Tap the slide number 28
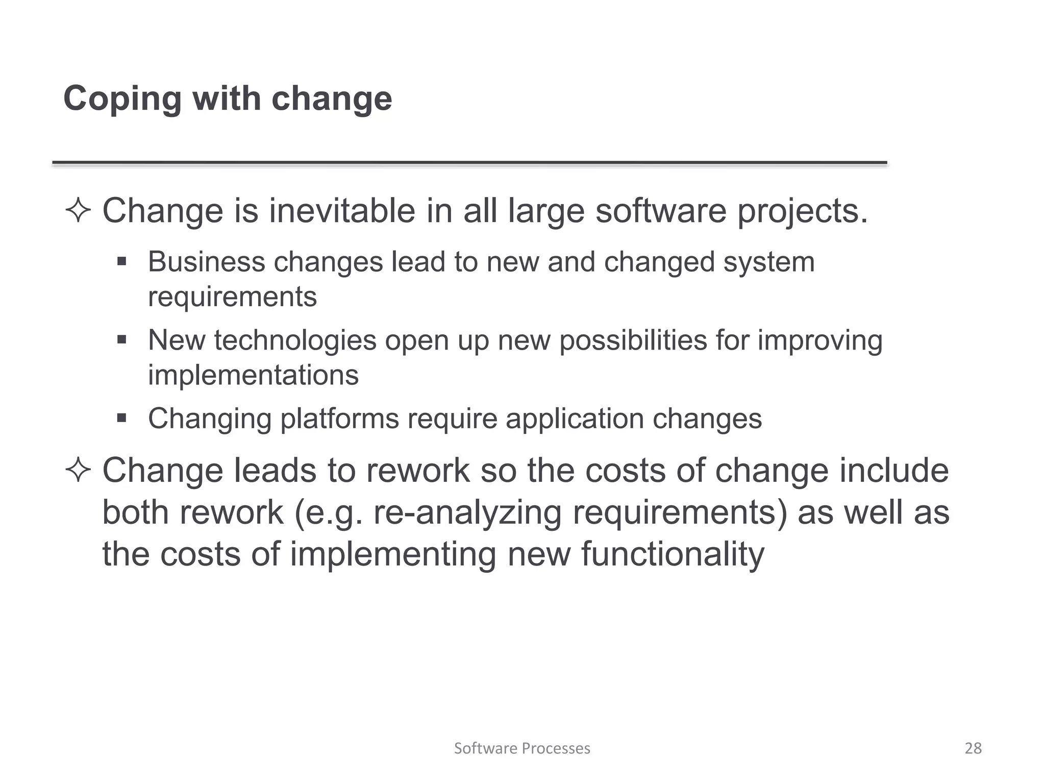coord(973,748)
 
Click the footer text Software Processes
coord(522,748)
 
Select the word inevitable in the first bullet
coord(342,210)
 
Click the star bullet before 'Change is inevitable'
coord(78,211)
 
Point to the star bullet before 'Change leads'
coord(78,470)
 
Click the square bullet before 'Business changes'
coord(121,262)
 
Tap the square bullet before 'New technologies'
coord(121,340)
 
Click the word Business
coord(206,262)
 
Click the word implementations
coord(253,375)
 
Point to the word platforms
coord(339,419)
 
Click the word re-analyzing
coord(467,512)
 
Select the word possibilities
coord(633,340)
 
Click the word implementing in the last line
coord(393,555)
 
